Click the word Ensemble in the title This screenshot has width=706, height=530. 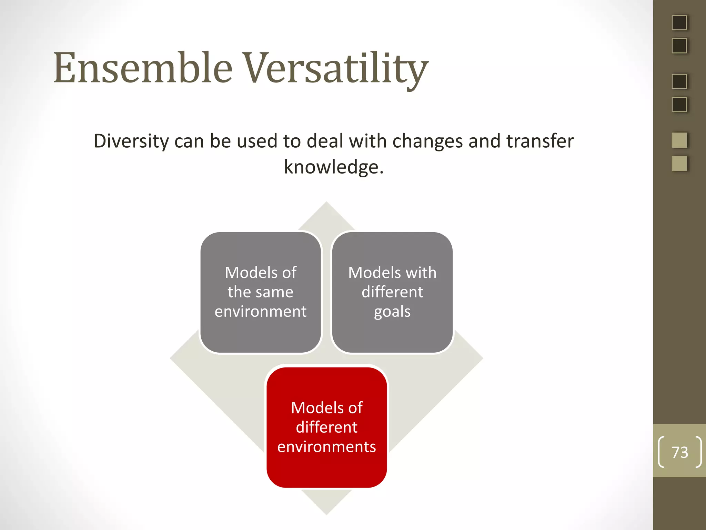coord(143,68)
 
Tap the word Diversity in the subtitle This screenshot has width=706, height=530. coord(131,141)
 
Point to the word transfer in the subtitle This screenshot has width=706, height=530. coord(540,141)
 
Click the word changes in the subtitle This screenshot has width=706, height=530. coord(427,141)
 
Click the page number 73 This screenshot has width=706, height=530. coord(680,452)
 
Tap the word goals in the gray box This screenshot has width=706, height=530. coord(392,312)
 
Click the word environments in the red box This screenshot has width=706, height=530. coord(326,447)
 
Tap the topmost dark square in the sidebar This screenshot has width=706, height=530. coord(679,23)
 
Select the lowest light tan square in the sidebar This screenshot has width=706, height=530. coord(679,163)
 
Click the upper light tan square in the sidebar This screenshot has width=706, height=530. coord(679,140)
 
